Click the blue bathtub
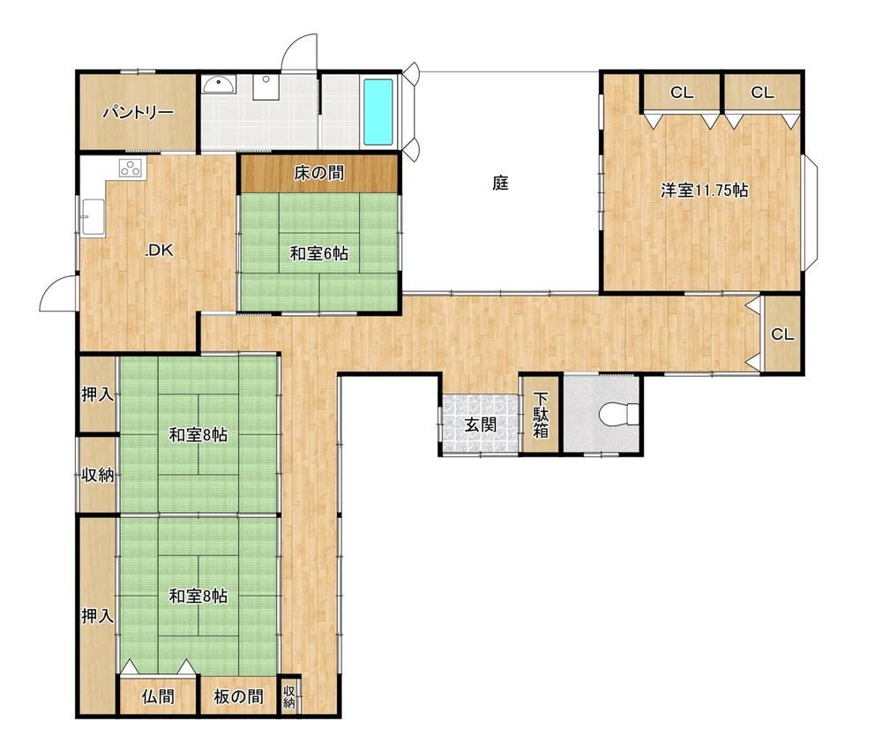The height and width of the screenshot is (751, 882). coord(378,111)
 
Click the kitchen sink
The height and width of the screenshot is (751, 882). coord(93,217)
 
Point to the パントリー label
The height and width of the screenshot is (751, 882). coord(138,113)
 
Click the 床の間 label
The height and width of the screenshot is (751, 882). coord(319,173)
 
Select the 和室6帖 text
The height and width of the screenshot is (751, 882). coord(319,254)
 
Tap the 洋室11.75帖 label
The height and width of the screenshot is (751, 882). coord(704,191)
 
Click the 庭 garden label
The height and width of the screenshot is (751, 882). coord(501,183)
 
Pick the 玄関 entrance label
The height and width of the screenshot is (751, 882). coord(480,424)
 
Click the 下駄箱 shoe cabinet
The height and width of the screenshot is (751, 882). coord(541,415)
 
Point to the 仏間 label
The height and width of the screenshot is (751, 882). coord(158,697)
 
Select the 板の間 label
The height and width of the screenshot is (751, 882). coord(238,697)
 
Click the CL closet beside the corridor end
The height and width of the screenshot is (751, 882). coord(781,334)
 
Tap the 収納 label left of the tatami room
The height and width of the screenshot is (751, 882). coord(98,476)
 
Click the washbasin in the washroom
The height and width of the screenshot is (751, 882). coord(220,85)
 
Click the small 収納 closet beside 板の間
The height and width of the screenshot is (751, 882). coord(289,695)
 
